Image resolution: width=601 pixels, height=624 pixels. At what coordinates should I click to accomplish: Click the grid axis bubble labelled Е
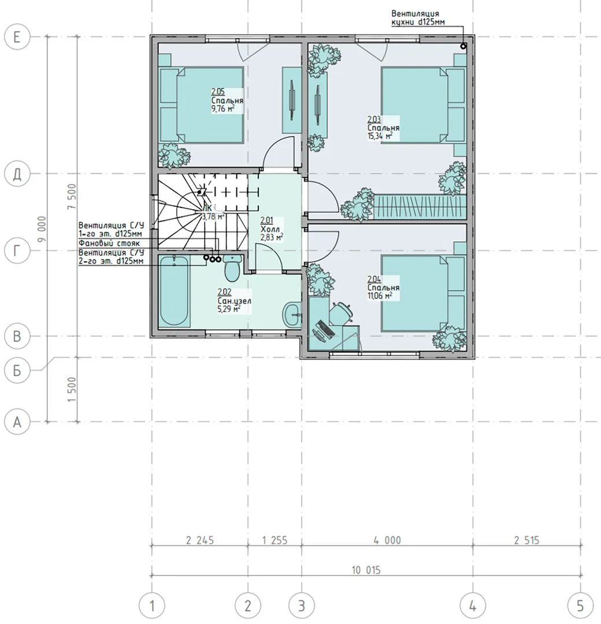point(17,37)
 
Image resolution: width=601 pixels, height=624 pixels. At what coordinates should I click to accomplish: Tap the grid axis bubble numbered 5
point(580,606)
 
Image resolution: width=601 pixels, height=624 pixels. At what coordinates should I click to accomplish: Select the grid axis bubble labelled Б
point(17,370)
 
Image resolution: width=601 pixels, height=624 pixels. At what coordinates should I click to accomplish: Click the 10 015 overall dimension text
point(366,570)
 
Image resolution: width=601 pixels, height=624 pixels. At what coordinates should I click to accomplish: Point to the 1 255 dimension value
point(274,540)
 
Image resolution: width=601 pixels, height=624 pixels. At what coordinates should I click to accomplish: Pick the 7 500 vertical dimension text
point(72,196)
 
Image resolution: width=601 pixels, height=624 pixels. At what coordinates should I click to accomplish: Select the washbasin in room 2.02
point(292,315)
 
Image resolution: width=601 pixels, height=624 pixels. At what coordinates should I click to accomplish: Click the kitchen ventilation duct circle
point(463,46)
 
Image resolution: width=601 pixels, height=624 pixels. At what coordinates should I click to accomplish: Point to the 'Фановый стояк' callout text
point(109,243)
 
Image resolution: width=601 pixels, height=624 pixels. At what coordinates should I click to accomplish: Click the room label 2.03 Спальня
point(383,128)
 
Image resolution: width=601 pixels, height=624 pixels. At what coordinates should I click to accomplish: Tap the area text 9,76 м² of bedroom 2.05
point(222,109)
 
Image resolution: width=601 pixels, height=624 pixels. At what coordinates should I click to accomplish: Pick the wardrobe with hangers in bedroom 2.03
point(420,207)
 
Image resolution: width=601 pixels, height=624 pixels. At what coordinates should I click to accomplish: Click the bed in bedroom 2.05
point(202,105)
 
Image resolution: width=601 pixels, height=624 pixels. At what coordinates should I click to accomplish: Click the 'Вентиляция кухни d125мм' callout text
point(417,18)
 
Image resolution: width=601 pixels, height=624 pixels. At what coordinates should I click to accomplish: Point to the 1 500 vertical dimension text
point(72,389)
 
